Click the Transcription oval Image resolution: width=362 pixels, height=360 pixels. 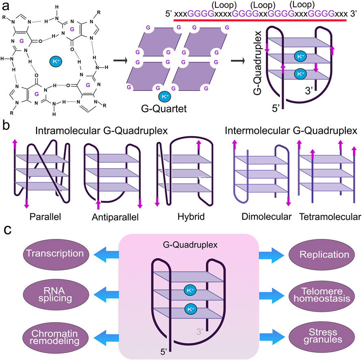56,254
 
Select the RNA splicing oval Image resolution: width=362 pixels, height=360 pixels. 56,294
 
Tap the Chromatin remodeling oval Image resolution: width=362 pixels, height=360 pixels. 56,338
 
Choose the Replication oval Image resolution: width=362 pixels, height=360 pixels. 322,255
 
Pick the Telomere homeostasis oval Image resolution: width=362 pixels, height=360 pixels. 322,295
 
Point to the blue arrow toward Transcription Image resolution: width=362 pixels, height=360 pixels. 106,254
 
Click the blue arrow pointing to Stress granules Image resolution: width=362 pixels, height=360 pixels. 272,336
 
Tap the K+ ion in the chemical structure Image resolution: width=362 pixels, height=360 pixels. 56,61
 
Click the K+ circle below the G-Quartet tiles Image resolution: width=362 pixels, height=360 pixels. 165,96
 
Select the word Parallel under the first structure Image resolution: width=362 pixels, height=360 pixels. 45,217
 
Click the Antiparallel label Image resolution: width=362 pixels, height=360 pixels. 115,217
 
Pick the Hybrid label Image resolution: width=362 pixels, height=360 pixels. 191,217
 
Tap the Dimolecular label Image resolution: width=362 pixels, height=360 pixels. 266,217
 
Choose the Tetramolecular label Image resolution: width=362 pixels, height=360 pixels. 330,217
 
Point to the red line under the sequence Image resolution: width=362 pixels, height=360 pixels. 260,20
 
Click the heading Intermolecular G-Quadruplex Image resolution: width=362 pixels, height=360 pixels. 291,131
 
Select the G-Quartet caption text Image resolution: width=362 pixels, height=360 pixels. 164,108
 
